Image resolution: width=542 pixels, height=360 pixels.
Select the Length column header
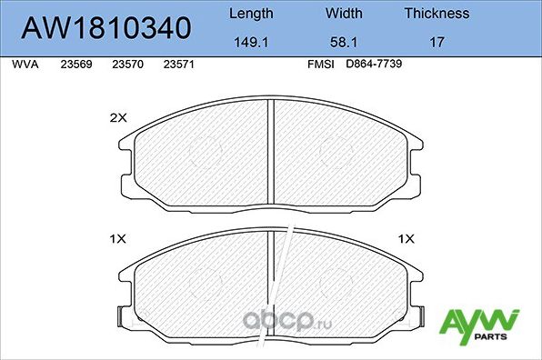[x=249, y=14]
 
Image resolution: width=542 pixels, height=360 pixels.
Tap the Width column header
[x=344, y=14]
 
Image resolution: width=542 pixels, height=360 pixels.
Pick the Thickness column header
[x=437, y=14]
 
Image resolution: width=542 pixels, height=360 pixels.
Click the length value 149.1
[x=249, y=41]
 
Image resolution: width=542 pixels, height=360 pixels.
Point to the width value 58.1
[x=344, y=41]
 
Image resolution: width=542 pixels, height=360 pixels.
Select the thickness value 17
[x=437, y=41]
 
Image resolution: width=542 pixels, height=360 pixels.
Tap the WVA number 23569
[x=75, y=65]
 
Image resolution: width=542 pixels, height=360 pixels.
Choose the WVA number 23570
[x=126, y=65]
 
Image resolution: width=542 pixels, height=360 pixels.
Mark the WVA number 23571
[x=177, y=65]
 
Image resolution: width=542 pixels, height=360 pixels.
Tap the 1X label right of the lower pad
[x=406, y=238]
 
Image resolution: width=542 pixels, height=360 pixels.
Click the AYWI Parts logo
[x=479, y=324]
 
